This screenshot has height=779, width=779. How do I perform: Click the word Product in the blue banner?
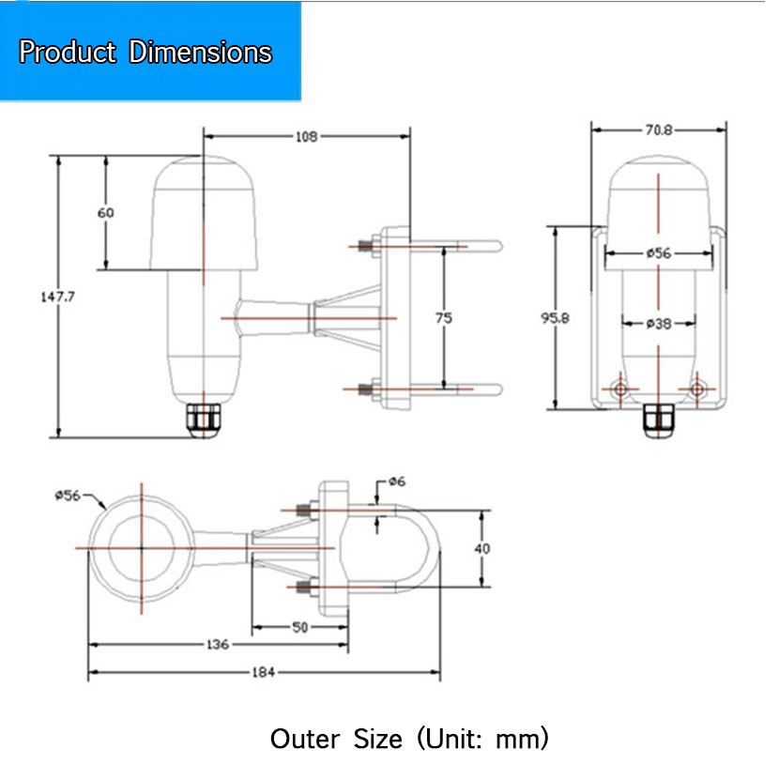[68, 52]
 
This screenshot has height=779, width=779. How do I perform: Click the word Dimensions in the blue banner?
[200, 52]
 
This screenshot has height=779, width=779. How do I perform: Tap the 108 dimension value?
[306, 137]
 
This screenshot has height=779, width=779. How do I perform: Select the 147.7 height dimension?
[57, 297]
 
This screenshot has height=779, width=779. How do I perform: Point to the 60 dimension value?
[105, 213]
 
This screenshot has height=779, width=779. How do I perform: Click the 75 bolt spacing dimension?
[444, 318]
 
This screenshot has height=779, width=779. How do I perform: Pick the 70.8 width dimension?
[659, 130]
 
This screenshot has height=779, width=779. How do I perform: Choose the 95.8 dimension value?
[555, 318]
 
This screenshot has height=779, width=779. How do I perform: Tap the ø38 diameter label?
[659, 324]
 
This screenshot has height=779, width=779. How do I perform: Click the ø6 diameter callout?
[397, 481]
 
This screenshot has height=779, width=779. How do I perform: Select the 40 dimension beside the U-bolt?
[481, 548]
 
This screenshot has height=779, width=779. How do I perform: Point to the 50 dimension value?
[299, 628]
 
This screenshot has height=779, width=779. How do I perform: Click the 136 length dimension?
[217, 645]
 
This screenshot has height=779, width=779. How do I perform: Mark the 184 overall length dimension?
[263, 672]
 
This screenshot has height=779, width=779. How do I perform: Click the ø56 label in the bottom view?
[68, 496]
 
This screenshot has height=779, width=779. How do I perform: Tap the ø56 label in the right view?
[659, 253]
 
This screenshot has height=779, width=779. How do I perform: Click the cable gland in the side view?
[204, 421]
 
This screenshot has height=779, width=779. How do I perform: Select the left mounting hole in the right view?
[620, 389]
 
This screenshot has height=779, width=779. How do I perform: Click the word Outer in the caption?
[305, 739]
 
